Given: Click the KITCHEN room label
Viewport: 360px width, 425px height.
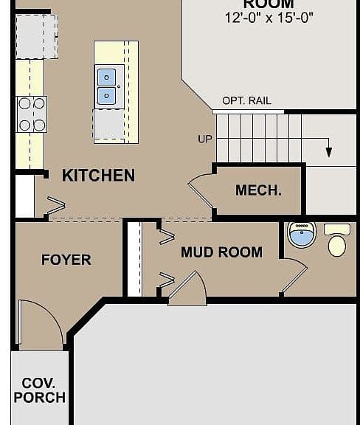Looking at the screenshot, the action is coord(98,176).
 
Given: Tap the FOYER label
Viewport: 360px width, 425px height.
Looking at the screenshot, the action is coord(66,260).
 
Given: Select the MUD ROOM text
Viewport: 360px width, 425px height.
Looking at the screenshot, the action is coord(221,252).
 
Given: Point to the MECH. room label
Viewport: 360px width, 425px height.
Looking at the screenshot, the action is coord(258,190).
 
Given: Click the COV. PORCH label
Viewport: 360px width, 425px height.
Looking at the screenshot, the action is coord(40,390).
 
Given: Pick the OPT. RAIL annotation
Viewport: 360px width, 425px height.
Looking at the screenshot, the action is coord(246,101).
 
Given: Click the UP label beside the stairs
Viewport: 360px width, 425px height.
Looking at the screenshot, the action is coord(204,139).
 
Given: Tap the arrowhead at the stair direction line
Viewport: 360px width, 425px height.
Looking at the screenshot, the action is coord(329,152).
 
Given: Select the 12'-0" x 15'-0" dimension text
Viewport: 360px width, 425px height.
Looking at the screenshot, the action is coord(269,18).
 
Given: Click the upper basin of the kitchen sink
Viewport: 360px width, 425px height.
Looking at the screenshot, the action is coord(106,77).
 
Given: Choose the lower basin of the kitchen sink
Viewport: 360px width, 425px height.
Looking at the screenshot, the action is coord(106,96).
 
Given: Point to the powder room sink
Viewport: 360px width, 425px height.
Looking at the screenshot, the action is coord(302,234).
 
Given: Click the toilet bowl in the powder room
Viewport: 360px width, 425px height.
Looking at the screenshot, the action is coord(337,246).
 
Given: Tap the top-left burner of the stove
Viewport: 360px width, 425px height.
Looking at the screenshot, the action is coord(24,103).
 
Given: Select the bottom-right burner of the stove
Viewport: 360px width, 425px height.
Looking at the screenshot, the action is coord(40,125).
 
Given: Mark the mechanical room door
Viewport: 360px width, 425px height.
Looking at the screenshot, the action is coord(200,190).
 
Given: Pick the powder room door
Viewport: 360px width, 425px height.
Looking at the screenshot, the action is coord(295,276).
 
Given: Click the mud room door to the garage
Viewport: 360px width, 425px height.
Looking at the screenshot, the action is coord(187,288).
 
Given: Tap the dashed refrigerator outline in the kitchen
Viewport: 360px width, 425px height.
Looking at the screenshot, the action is coord(37,37).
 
